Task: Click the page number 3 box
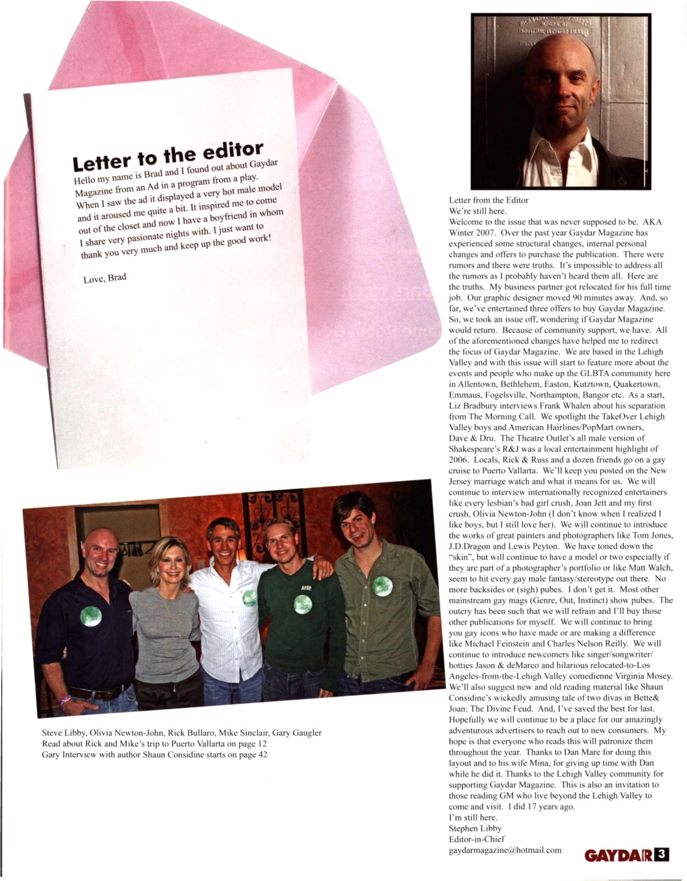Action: pyautogui.click(x=661, y=854)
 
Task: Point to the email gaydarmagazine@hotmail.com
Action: pyautogui.click(x=505, y=850)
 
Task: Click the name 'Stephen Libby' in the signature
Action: pyautogui.click(x=475, y=828)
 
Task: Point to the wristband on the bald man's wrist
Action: pyautogui.click(x=65, y=700)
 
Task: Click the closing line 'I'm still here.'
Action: pyautogui.click(x=473, y=817)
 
